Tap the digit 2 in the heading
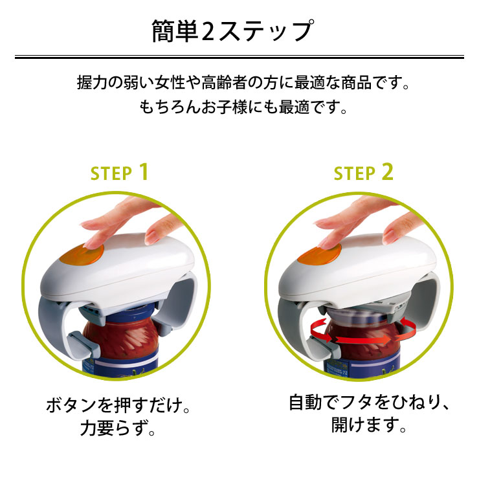208,31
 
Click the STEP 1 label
120,173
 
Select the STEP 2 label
363,173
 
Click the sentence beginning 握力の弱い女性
243,84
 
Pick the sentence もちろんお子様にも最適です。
243,106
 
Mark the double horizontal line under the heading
239,58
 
